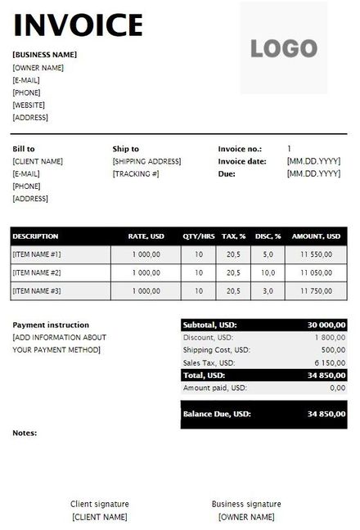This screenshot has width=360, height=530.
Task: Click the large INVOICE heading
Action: click(x=79, y=25)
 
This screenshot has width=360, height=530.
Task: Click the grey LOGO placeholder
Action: click(x=283, y=48)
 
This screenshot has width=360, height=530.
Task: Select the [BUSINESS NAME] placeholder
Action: click(x=45, y=55)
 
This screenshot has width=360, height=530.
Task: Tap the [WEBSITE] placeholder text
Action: click(x=29, y=105)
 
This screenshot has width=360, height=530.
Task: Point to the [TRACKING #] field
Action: click(x=136, y=174)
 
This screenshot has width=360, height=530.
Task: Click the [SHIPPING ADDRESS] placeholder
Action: click(x=146, y=162)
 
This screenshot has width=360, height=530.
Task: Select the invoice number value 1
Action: click(x=289, y=149)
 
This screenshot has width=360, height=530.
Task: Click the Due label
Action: click(x=227, y=174)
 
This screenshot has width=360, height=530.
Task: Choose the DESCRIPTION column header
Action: click(x=36, y=236)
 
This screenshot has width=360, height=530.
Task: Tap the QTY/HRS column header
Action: click(x=199, y=236)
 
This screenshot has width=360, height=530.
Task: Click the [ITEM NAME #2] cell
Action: click(x=37, y=272)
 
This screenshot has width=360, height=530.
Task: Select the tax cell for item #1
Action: click(x=232, y=254)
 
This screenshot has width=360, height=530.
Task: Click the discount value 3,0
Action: click(x=268, y=291)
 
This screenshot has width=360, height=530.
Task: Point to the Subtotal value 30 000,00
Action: click(x=326, y=325)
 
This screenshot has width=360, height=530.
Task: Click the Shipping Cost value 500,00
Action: click(x=332, y=350)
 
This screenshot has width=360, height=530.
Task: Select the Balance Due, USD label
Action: click(x=217, y=415)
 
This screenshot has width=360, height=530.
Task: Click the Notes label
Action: click(x=25, y=433)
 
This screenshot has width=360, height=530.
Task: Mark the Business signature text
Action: click(x=246, y=504)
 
